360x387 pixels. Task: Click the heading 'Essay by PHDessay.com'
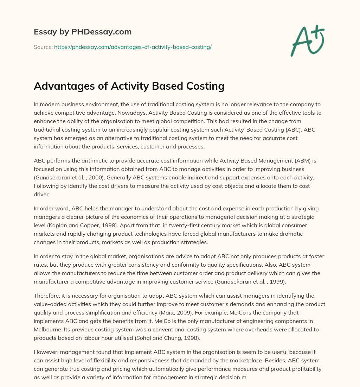tap(83, 32)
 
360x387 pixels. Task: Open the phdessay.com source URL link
tap(133, 47)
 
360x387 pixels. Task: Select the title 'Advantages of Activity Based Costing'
tap(129, 87)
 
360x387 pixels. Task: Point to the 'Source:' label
tap(43, 47)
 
